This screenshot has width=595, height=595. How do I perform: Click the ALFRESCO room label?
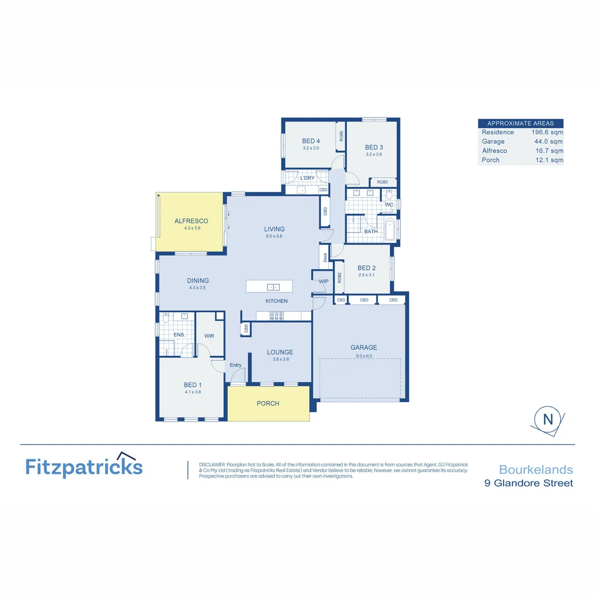coord(191,220)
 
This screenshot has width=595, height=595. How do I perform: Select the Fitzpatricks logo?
coord(84,467)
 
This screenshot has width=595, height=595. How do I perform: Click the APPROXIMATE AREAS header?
coord(521,123)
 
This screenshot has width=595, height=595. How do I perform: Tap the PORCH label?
coord(268,403)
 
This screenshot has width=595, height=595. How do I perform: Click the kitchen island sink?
coord(272,287)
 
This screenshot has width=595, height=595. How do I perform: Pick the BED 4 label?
coord(311,141)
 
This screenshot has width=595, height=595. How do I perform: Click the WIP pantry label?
coord(323,282)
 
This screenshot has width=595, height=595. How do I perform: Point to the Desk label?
coord(325,257)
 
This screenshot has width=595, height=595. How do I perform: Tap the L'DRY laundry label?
coord(307,178)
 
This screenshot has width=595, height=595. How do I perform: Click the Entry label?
coord(235,365)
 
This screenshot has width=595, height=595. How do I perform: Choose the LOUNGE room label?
coord(280,352)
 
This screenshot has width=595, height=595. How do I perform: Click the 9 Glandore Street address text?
coord(528,483)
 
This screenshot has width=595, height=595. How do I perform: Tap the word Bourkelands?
coord(535,470)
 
